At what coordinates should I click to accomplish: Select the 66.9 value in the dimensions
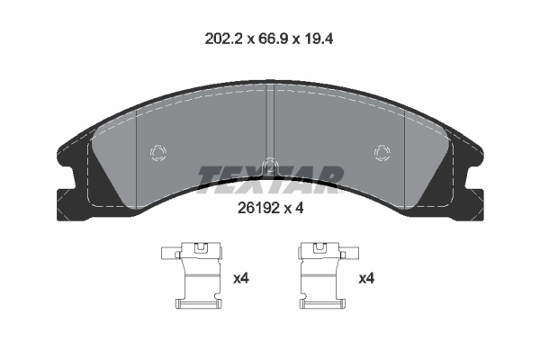270,40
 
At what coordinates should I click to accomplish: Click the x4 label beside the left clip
240,279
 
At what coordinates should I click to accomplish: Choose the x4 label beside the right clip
366,279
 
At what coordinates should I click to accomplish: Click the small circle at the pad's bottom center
269,165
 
